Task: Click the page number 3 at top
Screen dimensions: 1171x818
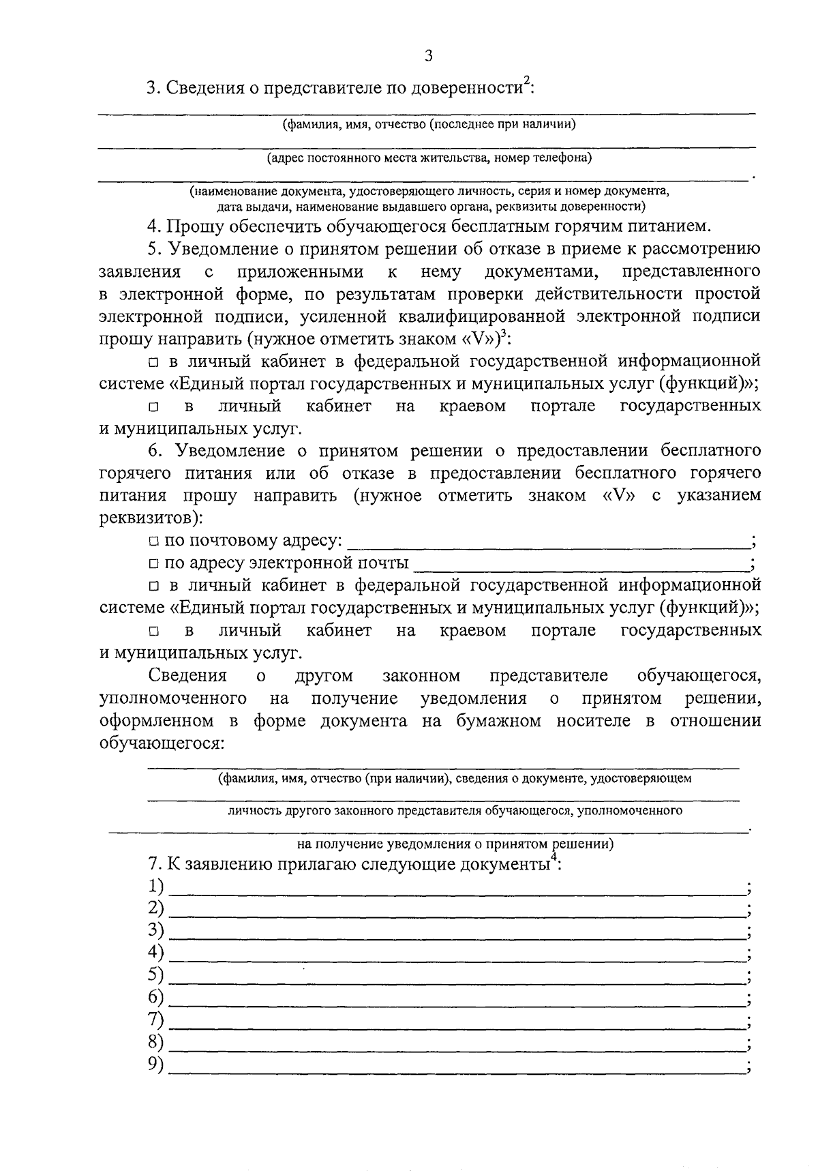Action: (x=428, y=57)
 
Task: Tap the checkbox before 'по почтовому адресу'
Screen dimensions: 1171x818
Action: (x=153, y=542)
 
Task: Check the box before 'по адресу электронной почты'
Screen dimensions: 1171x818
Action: (x=153, y=564)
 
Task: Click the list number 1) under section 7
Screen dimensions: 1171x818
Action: (x=156, y=886)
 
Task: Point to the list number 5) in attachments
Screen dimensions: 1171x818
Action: (x=156, y=975)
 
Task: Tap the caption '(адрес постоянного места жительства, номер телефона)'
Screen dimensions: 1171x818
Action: (x=429, y=158)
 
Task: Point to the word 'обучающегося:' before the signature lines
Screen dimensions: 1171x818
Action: (x=161, y=743)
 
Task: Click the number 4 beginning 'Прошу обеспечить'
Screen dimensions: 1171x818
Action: (x=153, y=226)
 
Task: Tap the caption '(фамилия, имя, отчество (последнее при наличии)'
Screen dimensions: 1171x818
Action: (x=429, y=124)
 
